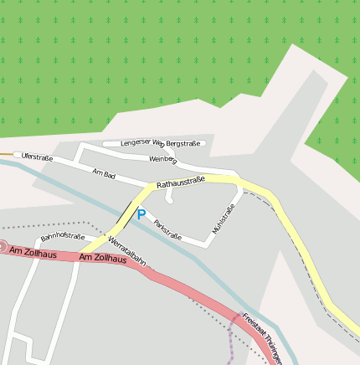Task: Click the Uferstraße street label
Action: [38, 157]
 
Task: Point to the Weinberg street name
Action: [162, 159]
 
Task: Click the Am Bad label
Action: [104, 173]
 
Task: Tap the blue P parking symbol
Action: [141, 214]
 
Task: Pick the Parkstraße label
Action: [168, 229]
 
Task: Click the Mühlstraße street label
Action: [224, 218]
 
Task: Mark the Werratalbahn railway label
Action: [127, 250]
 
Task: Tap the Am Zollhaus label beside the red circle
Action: [33, 252]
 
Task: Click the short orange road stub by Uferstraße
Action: [6, 155]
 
